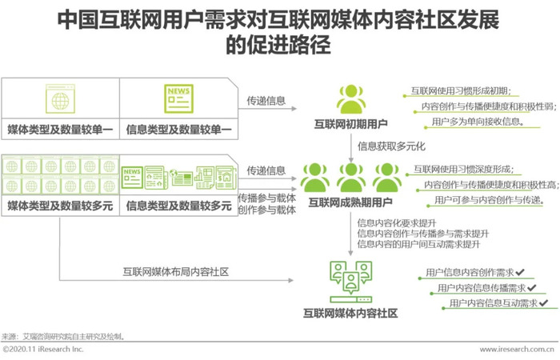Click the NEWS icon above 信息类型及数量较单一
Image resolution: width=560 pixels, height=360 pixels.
[x=178, y=98]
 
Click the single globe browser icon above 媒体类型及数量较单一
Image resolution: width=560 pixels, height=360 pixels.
[x=60, y=98]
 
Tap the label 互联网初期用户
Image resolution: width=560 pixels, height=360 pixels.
[x=351, y=124]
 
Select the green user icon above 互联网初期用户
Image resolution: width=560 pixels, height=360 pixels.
[x=351, y=99]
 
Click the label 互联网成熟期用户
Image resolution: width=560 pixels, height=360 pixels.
[x=350, y=202]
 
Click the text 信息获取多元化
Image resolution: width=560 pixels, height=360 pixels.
[x=392, y=146]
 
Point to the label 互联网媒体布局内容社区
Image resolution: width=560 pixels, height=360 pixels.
[x=176, y=272]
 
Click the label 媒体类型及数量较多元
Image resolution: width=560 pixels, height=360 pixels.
[x=60, y=206]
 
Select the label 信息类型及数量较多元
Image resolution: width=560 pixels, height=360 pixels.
[x=179, y=206]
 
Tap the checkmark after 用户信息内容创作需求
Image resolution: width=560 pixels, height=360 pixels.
[x=520, y=272]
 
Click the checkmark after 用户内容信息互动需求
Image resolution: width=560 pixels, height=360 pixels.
[x=543, y=303]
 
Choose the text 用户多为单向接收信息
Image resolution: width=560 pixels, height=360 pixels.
[x=478, y=122]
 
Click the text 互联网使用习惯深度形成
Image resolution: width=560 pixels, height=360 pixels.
[x=463, y=169]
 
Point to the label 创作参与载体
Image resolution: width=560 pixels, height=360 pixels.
[x=267, y=210]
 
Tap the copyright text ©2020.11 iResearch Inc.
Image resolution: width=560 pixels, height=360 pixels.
[x=43, y=349]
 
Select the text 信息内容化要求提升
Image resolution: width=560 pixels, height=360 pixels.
[x=397, y=223]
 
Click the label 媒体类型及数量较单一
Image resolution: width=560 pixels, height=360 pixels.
[x=60, y=130]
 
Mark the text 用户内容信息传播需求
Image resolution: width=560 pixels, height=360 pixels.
[x=482, y=287]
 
